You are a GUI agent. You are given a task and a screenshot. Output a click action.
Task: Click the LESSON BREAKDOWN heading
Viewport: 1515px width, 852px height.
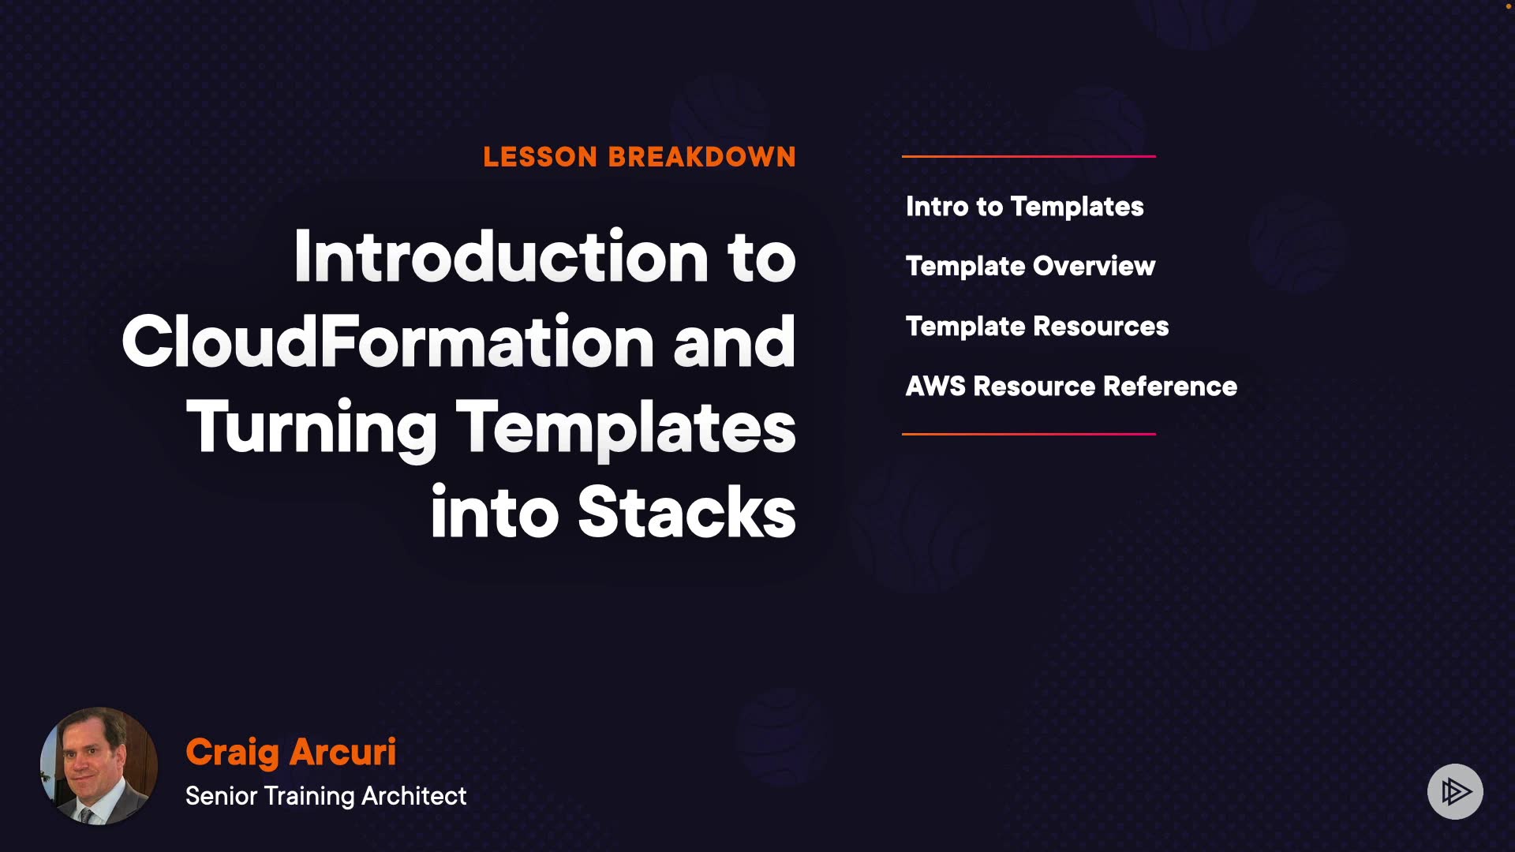[x=639, y=157]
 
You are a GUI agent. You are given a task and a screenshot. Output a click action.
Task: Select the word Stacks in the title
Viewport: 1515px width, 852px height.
[x=686, y=512]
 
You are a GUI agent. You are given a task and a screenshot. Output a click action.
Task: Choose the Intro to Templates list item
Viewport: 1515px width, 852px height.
[x=1024, y=207]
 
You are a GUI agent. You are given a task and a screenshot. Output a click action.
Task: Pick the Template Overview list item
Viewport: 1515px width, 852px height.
[x=1031, y=267]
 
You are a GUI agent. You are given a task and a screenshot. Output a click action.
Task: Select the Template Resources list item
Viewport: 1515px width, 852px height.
[x=1037, y=327]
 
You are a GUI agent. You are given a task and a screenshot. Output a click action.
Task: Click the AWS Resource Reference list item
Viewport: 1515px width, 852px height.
[x=1072, y=387]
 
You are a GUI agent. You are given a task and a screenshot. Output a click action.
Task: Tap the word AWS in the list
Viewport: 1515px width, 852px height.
[x=936, y=387]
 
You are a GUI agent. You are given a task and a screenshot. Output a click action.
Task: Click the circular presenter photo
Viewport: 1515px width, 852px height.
[x=99, y=766]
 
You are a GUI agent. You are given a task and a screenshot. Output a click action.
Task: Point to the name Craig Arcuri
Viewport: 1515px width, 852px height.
[x=290, y=752]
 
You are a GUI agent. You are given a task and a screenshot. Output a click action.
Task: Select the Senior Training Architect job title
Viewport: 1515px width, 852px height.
[x=326, y=796]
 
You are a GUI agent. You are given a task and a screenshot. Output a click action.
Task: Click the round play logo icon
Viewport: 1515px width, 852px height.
[x=1455, y=791]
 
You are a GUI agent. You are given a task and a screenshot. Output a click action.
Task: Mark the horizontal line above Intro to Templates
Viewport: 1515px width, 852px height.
[x=1029, y=156]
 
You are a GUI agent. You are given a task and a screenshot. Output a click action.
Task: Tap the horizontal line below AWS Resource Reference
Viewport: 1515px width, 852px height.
[x=1029, y=434]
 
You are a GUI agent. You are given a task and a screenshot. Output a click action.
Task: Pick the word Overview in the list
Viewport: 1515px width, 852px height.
[x=1094, y=267]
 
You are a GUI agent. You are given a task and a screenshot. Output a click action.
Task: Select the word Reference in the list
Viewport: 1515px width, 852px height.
[x=1170, y=387]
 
